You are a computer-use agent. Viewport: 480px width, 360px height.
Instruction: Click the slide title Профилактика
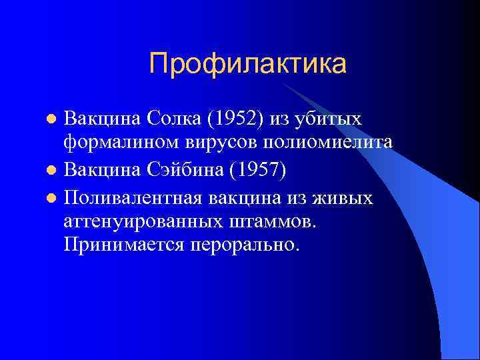coord(248,64)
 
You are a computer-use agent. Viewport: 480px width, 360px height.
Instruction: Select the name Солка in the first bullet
coord(179,119)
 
